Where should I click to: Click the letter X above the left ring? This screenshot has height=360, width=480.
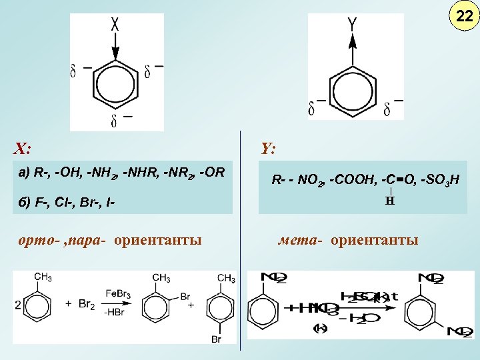tap(115, 25)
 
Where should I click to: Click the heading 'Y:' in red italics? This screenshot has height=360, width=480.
tap(269, 148)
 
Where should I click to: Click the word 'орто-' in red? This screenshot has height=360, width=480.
tap(38, 239)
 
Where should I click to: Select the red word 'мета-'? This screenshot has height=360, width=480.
tap(299, 239)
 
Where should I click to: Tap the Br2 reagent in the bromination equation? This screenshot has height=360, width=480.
tap(85, 304)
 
